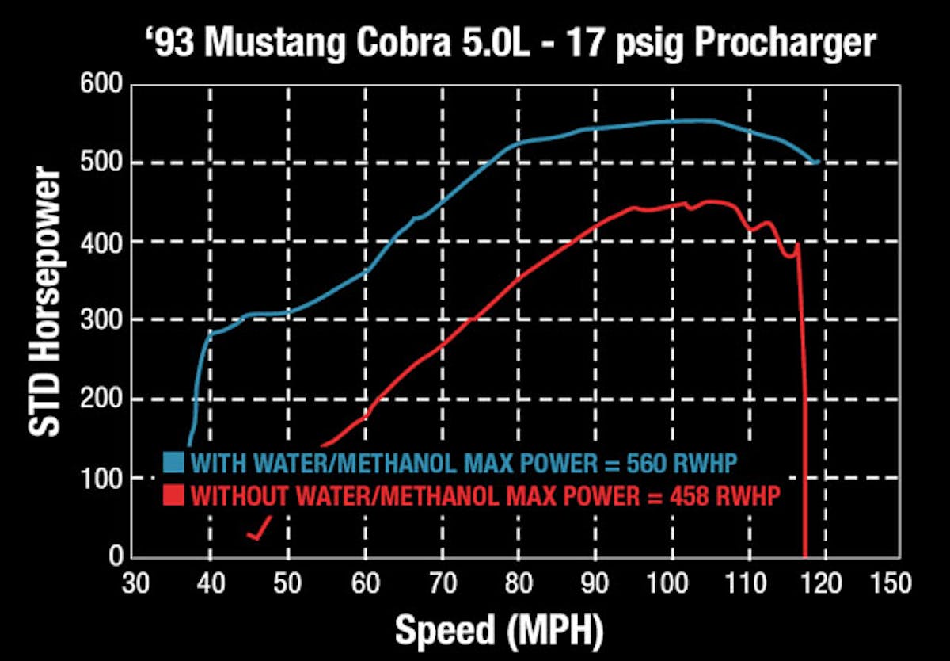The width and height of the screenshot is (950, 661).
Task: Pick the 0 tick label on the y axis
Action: point(116,556)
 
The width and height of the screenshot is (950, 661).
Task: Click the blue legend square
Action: point(173,462)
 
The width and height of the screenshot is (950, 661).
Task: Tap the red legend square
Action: point(173,496)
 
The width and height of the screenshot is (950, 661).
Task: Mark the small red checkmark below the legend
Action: point(260,529)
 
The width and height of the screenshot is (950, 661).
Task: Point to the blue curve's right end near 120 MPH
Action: point(816,162)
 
